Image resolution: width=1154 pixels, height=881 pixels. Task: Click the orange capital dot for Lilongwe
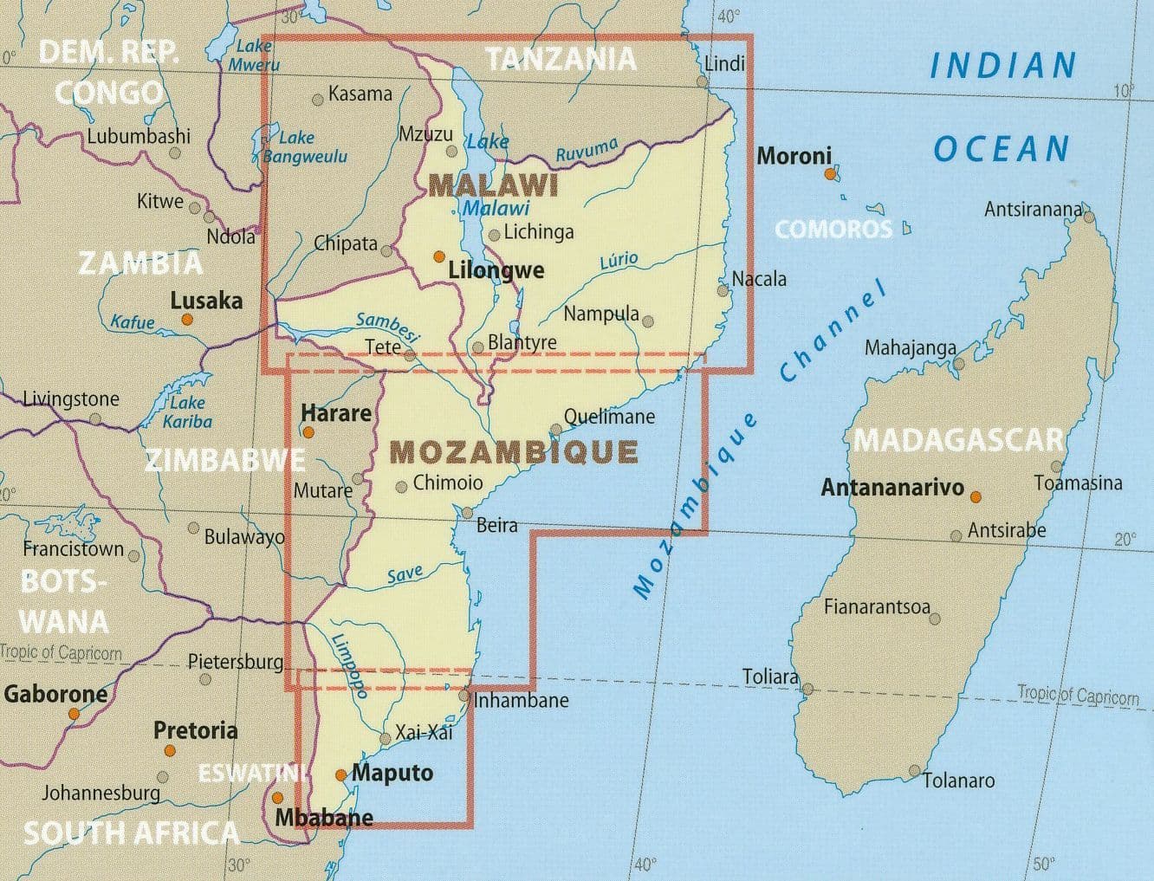tap(439, 256)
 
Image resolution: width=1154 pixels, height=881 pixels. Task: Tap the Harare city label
tap(336, 412)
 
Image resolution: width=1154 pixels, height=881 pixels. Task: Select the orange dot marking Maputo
tap(341, 775)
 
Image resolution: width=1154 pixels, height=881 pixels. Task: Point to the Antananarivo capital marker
tap(976, 497)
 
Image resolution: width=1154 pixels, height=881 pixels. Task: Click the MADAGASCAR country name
tap(958, 440)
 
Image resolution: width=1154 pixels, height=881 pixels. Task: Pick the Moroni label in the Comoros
tap(794, 156)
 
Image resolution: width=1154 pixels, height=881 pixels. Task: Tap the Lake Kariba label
tap(187, 412)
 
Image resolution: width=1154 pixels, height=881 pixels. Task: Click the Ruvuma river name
tap(587, 150)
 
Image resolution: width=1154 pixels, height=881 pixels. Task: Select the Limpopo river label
tap(349, 664)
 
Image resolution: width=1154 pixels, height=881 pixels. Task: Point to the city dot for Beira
tap(468, 512)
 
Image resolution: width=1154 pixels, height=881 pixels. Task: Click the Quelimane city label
tap(609, 417)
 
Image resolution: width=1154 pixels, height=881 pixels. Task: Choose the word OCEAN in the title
tap(1001, 149)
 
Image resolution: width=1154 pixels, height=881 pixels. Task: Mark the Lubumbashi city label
tap(138, 136)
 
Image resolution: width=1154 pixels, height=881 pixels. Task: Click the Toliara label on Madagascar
tap(769, 677)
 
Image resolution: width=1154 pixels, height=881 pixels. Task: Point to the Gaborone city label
tap(55, 693)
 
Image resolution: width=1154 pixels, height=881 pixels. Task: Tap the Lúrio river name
tap(619, 261)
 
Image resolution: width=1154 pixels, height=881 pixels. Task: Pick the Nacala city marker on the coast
tap(723, 290)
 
